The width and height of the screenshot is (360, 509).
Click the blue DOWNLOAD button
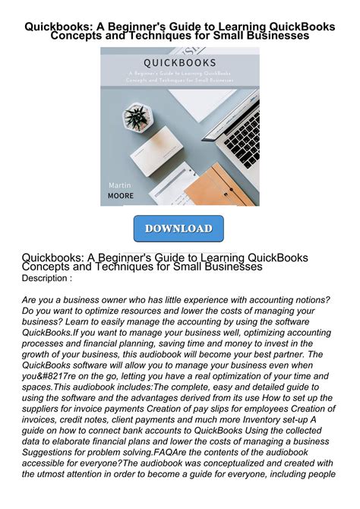coord(178,229)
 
